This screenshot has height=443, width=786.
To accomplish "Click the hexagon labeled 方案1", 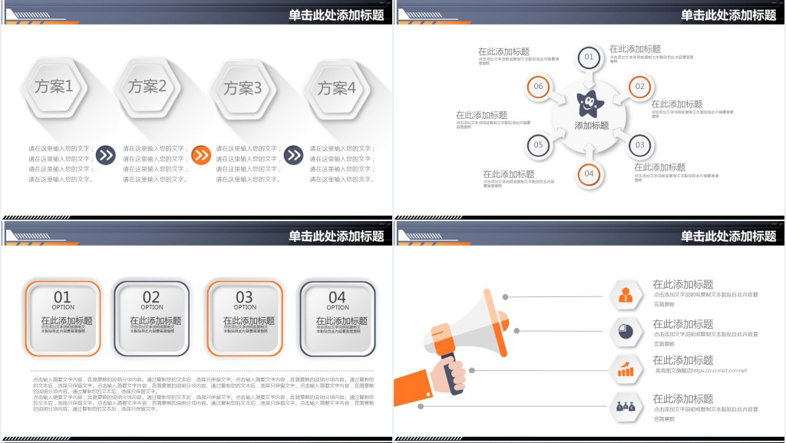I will (54, 87).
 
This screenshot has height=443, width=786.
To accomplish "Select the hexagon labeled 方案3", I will (243, 88).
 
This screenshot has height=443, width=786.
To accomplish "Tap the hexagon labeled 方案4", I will (337, 88).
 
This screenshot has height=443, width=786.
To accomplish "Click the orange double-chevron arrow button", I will (200, 156).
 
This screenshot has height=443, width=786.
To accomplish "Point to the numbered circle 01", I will (589, 57).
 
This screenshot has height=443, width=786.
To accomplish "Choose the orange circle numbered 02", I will (639, 87).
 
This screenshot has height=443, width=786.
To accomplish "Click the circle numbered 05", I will (538, 145).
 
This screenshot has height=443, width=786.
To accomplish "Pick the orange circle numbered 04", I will (589, 174).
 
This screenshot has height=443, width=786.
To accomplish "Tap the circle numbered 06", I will (538, 87).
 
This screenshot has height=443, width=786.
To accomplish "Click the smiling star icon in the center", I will (589, 102).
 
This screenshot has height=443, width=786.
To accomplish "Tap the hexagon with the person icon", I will (626, 294).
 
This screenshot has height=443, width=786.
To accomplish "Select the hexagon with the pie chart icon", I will (626, 332).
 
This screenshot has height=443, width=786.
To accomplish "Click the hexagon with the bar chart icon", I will (626, 369).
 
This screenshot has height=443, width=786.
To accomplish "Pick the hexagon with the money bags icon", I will (626, 408).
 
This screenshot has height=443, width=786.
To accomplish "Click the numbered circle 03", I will (639, 145).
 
